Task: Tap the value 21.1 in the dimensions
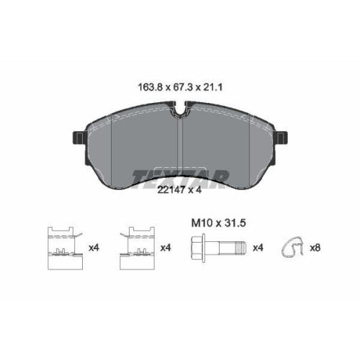tap(213, 87)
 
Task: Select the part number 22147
tap(171, 190)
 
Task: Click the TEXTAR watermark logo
tap(180, 178)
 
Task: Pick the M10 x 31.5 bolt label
tap(219, 223)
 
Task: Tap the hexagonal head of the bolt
tap(198, 248)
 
